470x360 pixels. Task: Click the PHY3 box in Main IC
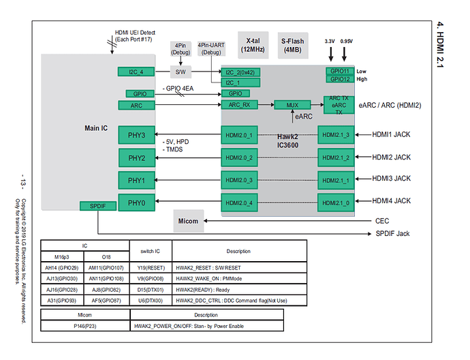tap(136, 134)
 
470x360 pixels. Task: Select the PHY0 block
tap(136, 202)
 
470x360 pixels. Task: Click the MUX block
tap(292, 106)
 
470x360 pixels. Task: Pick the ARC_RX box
tap(240, 105)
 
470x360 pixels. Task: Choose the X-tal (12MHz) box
tap(253, 45)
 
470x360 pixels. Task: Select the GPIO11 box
tap(339, 71)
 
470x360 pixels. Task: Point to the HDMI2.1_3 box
tap(339, 135)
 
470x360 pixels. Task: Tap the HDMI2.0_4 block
tap(240, 202)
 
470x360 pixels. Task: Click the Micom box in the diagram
tap(187, 220)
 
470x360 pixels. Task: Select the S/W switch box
tap(180, 71)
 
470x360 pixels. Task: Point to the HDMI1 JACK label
tap(391, 134)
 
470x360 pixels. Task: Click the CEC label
tap(382, 221)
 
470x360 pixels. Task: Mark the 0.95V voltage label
tap(347, 42)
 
